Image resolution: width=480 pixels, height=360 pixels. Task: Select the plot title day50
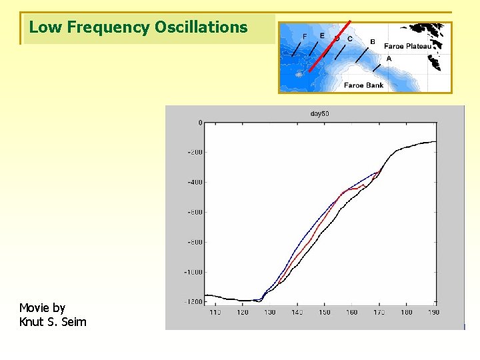click(320, 114)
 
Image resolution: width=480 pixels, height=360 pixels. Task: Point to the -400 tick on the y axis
click(194, 182)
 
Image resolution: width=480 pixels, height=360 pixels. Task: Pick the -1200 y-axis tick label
click(193, 302)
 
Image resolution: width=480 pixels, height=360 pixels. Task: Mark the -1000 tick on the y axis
click(193, 272)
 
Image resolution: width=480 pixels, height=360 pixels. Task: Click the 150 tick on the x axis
click(324, 312)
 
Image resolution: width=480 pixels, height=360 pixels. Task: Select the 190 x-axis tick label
click(434, 312)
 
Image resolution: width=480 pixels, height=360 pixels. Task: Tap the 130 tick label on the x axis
click(269, 312)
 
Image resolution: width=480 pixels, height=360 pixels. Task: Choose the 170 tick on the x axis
click(379, 312)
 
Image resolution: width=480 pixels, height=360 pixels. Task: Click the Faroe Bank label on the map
click(363, 85)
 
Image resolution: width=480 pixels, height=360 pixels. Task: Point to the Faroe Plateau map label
click(407, 47)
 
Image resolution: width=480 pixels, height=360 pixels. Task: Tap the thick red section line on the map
click(330, 46)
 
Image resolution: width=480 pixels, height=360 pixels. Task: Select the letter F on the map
click(305, 36)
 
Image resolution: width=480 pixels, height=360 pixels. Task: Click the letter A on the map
click(389, 59)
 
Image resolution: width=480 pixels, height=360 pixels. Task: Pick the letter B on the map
click(372, 42)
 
